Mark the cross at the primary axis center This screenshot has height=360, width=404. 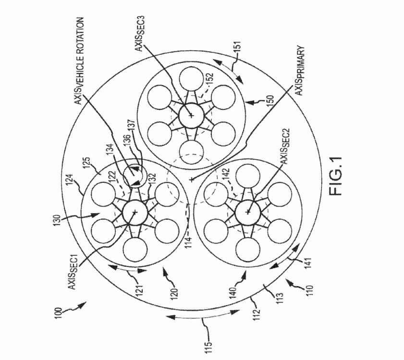click(191, 179)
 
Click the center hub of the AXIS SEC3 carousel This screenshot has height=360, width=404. click(191, 115)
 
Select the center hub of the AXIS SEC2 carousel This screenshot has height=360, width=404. click(248, 211)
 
